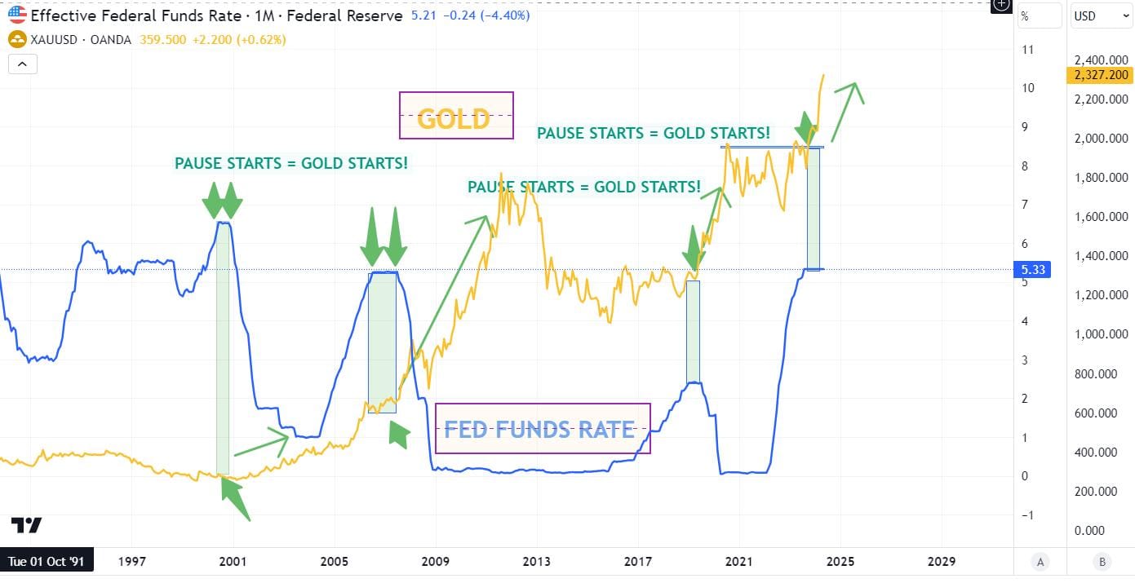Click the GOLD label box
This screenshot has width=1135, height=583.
point(456,115)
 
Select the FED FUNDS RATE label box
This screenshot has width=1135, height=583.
point(543,428)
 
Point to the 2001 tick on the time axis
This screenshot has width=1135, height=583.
point(233,561)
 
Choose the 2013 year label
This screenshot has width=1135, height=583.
point(537,561)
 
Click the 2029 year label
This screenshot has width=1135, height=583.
point(942,561)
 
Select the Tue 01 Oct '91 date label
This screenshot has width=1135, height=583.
point(47,561)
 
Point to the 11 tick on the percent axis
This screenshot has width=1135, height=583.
point(1027,50)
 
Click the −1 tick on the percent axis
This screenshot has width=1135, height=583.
point(1027,515)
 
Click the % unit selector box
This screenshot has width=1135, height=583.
point(1040,15)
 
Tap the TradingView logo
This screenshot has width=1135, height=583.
point(26,525)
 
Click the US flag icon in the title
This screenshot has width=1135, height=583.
point(17,15)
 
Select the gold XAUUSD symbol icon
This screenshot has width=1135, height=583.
point(16,39)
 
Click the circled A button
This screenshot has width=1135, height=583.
point(1040,561)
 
